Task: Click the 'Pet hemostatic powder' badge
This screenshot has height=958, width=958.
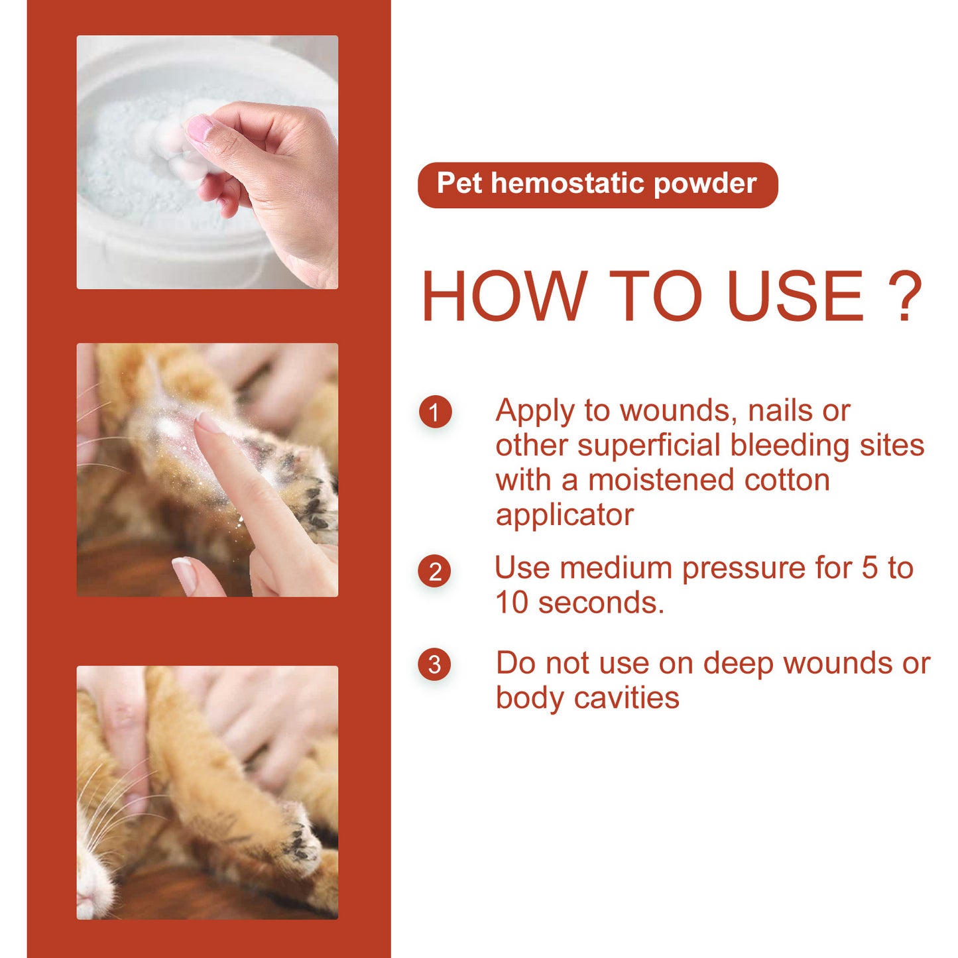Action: (x=597, y=184)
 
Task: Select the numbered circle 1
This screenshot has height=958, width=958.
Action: (x=435, y=412)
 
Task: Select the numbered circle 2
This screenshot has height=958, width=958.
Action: (x=435, y=571)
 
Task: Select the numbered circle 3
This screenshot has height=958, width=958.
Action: (x=435, y=664)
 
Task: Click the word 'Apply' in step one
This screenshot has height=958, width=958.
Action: (x=534, y=411)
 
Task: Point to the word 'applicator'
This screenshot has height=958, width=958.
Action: (x=564, y=515)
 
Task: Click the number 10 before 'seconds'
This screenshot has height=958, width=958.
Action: (x=512, y=603)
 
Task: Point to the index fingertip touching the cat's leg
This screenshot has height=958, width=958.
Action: (x=208, y=423)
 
